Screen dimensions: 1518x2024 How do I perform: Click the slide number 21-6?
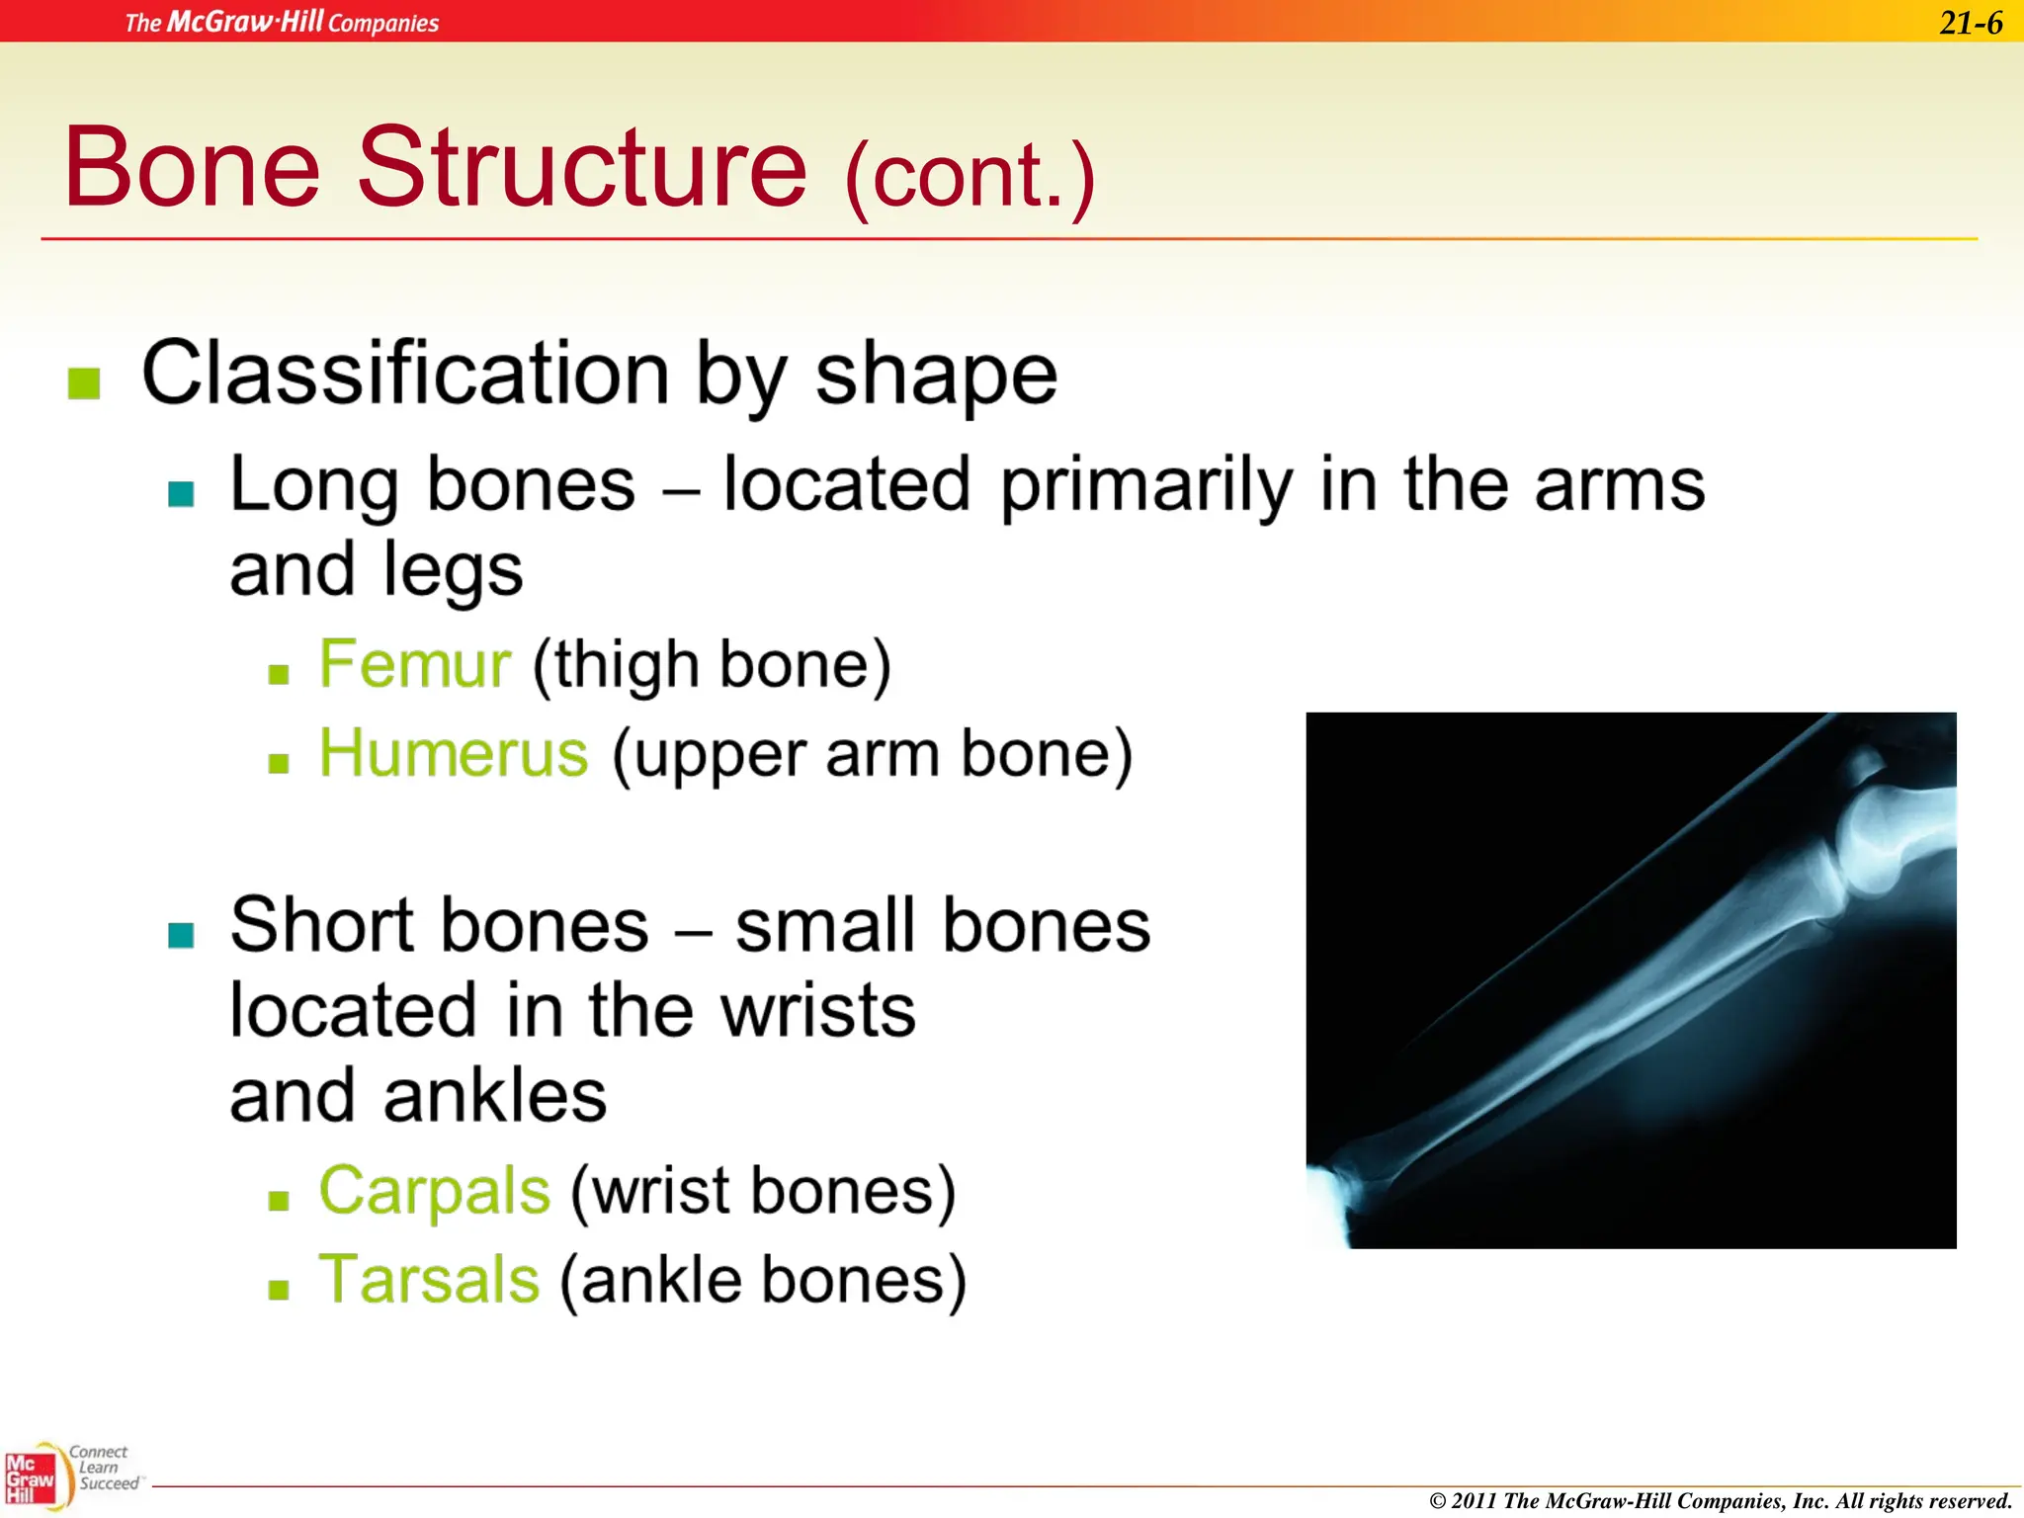tap(1970, 23)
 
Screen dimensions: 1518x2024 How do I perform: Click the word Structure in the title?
tap(582, 168)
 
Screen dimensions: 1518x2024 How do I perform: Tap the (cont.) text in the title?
tap(970, 176)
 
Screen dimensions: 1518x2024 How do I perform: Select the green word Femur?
tap(414, 664)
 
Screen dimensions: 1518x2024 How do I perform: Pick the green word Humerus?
tap(454, 754)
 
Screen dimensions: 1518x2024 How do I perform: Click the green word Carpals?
tap(434, 1190)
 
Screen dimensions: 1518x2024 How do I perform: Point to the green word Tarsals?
tap(429, 1280)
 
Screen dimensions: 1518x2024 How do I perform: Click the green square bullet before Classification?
tap(84, 383)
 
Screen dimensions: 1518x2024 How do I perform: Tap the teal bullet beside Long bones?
tap(181, 493)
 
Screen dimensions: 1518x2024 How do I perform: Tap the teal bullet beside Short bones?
tap(181, 934)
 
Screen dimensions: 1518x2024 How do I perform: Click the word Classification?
tap(405, 376)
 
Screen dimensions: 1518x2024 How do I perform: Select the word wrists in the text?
tap(817, 1011)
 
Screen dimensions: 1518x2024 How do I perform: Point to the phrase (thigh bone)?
tap(712, 664)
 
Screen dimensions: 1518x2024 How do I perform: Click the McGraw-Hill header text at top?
tap(282, 22)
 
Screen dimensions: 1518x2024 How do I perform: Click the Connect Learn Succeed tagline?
tap(105, 1468)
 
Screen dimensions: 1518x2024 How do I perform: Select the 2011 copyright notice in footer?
tap(1720, 1501)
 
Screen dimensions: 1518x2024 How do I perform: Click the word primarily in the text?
tap(1146, 486)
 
